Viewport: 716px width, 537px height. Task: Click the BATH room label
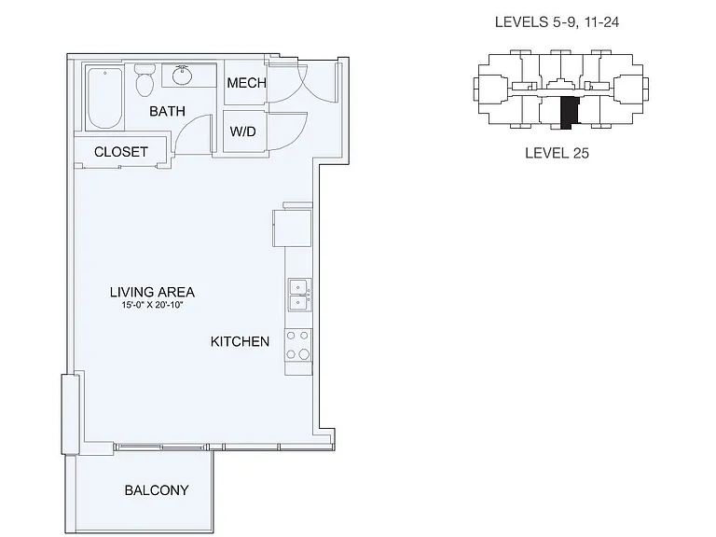point(167,111)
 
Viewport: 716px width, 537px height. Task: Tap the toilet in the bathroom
point(145,80)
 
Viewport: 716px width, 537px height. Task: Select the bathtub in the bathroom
point(105,98)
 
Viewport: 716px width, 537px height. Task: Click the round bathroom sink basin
point(183,76)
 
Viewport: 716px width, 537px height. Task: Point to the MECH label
point(246,83)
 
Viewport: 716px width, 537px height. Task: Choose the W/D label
point(243,131)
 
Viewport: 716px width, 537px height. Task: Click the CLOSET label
point(121,152)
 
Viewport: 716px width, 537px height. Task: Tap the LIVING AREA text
point(152,292)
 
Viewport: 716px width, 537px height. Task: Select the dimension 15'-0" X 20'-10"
point(152,305)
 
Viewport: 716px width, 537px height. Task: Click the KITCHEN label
point(240,341)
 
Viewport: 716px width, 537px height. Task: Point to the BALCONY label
point(157,490)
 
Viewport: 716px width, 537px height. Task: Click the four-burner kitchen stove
point(298,346)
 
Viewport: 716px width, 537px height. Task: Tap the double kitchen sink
point(300,296)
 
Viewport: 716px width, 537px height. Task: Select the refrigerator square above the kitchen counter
point(292,228)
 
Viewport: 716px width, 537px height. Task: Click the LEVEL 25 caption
point(558,153)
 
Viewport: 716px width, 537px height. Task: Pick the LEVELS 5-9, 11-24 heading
point(558,22)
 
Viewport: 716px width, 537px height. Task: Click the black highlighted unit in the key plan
point(570,113)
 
